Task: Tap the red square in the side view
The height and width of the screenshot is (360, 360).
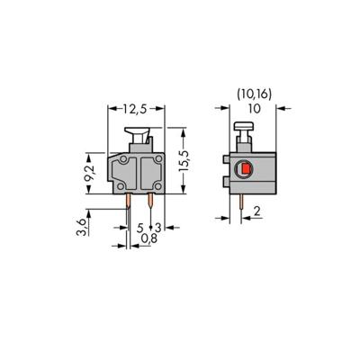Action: pyautogui.click(x=243, y=168)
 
